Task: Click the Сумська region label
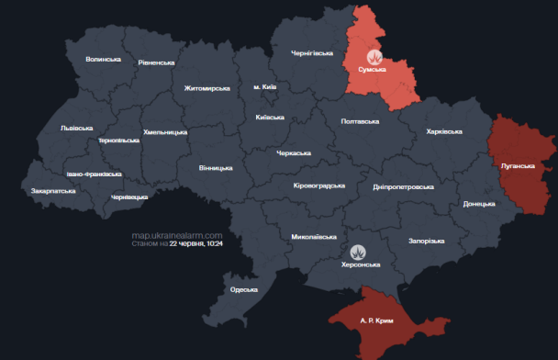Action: coord(373,70)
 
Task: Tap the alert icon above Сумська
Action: coord(373,57)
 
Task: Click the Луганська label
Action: coord(518,166)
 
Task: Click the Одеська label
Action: coord(243,289)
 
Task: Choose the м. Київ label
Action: coord(265,86)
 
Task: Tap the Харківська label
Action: coord(444,132)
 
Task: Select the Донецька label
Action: coord(479,204)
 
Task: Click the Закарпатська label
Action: coord(53,191)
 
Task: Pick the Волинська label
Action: coord(103,60)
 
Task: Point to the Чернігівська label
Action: coord(313,53)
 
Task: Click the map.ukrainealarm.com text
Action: coord(177,235)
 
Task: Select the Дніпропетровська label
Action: coord(404,186)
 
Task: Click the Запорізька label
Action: coord(427,242)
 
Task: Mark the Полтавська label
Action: coord(360,121)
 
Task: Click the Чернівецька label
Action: coord(129,197)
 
